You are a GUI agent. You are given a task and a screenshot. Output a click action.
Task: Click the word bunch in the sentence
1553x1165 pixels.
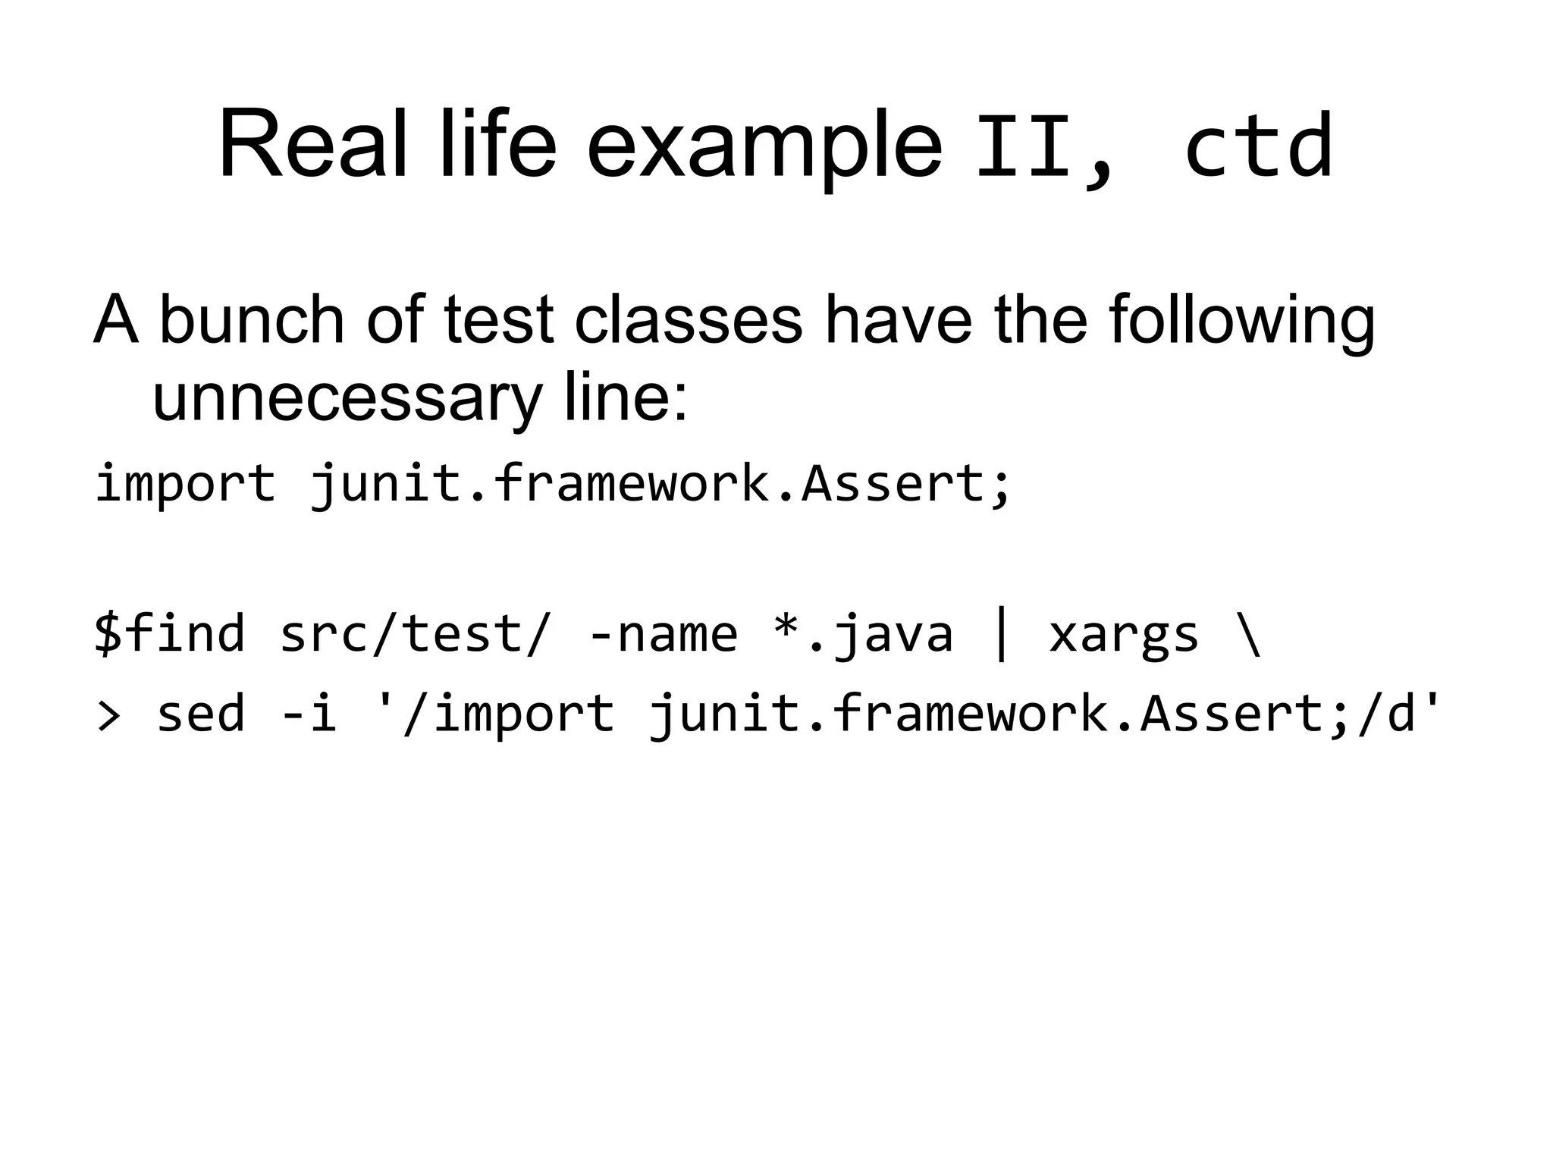(253, 319)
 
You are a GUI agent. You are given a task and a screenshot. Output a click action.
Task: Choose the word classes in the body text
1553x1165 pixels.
(688, 319)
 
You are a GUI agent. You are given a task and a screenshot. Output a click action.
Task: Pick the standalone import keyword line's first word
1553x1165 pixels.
(185, 484)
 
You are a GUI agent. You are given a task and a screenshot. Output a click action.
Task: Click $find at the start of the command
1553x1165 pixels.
(170, 633)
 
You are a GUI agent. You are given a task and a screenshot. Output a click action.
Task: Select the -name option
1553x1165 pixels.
(663, 634)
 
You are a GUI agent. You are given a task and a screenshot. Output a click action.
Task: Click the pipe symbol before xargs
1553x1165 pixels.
(1001, 636)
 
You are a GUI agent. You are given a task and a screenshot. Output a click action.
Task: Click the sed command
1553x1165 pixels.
(200, 714)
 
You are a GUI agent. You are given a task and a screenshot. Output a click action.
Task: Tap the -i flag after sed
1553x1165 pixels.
(309, 714)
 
